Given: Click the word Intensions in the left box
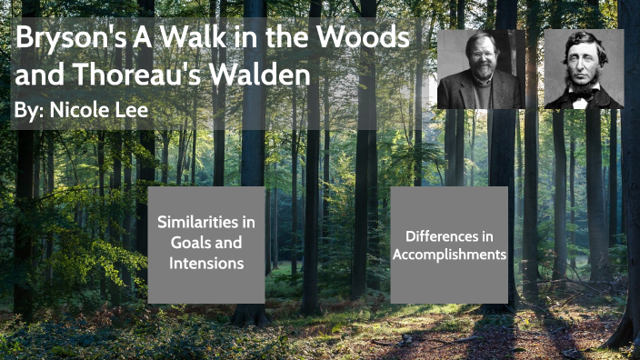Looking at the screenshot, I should pos(206,264).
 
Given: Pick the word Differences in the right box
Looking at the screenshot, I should pos(449,235).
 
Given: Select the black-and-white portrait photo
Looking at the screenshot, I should pos(584,68).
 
